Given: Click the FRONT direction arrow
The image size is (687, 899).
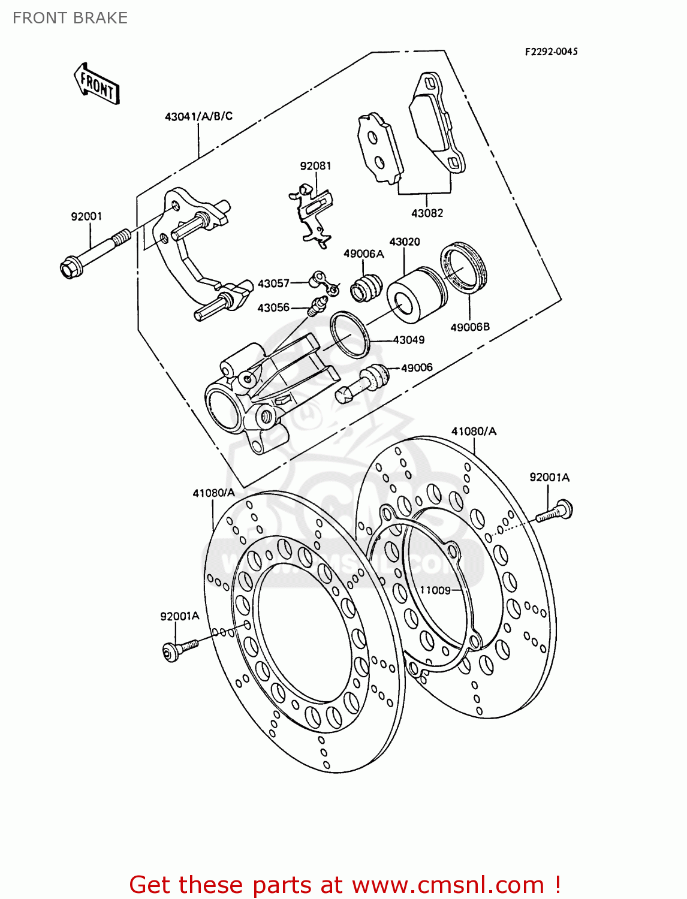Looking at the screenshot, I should (97, 85).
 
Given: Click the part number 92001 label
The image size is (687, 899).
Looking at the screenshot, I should (86, 216).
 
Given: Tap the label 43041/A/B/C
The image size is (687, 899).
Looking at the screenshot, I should (198, 116).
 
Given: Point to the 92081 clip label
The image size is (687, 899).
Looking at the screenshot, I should (315, 166).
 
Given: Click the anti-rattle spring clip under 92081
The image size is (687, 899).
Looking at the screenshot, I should (313, 216).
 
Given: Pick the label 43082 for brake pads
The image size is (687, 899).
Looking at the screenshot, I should (427, 213).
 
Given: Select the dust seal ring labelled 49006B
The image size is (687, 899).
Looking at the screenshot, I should (464, 267).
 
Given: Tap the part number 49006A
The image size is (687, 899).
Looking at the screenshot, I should (363, 254).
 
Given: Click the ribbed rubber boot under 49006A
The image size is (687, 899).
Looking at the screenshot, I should (365, 287).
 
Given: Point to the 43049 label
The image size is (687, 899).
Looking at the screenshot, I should (408, 340).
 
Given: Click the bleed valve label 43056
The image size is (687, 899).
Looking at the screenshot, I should (273, 307).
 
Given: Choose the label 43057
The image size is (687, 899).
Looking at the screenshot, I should (273, 283).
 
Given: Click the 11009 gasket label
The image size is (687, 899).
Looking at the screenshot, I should (435, 590).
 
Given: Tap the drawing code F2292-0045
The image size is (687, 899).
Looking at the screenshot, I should (551, 52).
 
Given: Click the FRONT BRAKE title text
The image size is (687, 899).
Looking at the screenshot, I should (70, 18).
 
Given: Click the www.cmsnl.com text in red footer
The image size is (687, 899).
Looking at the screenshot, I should (447, 885).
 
